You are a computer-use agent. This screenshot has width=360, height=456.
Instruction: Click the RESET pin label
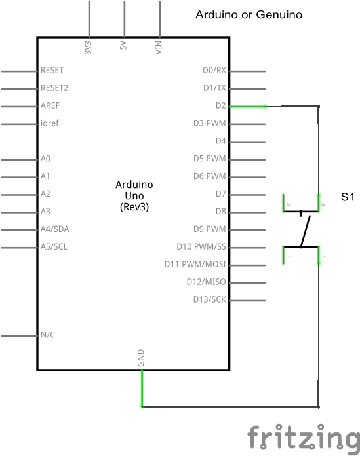click(52, 70)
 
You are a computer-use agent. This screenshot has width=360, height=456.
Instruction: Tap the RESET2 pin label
click(54, 88)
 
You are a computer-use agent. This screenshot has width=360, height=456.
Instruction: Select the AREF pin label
click(50, 105)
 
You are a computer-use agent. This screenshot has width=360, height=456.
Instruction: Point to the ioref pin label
click(50, 123)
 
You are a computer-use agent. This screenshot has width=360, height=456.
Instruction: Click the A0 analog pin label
click(45, 159)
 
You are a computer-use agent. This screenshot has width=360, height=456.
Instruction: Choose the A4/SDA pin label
click(55, 229)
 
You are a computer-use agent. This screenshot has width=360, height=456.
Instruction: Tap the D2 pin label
click(221, 105)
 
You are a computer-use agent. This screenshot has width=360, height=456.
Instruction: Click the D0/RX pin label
click(214, 70)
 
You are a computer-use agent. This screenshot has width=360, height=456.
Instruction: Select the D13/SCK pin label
click(210, 299)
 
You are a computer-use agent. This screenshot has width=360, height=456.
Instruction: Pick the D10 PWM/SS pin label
click(201, 246)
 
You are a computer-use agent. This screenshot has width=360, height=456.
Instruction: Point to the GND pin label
click(140, 358)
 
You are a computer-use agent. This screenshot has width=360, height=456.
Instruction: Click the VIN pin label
click(158, 47)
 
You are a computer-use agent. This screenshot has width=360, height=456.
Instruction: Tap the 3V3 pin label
click(88, 48)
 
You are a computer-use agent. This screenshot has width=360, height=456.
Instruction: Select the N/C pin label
click(48, 335)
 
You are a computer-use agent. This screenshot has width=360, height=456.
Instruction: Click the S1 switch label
click(348, 197)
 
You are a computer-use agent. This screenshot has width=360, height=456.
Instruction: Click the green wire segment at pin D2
click(248, 107)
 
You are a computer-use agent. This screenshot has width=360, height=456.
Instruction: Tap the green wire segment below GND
click(142, 389)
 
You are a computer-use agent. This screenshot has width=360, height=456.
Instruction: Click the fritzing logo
click(304, 438)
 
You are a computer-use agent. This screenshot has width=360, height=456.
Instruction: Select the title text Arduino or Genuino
click(249, 15)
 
